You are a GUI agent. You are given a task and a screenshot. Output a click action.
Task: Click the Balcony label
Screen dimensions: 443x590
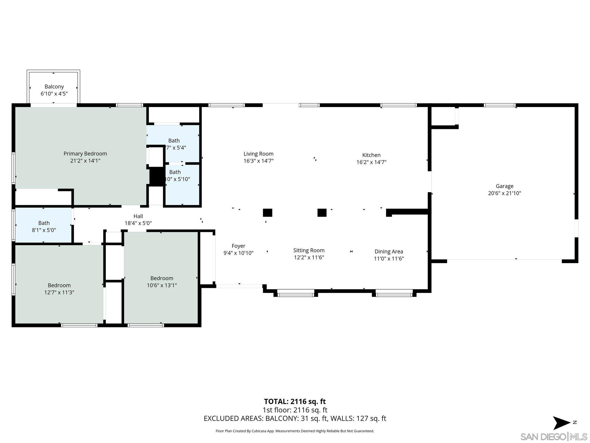(x=54, y=87)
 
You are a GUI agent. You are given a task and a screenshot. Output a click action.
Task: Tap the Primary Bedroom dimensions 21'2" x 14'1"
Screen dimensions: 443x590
(x=85, y=161)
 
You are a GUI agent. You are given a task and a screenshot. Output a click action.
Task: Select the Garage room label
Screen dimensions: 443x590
(x=504, y=186)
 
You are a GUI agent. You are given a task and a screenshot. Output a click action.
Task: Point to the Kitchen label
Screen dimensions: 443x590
(x=371, y=155)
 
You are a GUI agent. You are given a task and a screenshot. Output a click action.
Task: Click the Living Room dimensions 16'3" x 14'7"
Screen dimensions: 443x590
(x=258, y=161)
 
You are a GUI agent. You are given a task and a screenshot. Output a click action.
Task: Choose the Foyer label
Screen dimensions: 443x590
(x=239, y=246)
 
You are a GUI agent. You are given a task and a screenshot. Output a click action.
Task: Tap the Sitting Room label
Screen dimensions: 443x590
(x=309, y=250)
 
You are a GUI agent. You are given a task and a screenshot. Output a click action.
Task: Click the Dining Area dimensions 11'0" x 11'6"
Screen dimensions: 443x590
(x=389, y=259)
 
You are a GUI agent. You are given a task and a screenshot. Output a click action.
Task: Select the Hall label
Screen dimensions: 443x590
(x=138, y=216)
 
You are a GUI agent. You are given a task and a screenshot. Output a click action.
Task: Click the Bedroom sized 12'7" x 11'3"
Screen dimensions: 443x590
(x=59, y=289)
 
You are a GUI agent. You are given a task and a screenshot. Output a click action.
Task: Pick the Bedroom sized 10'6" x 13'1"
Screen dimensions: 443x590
(x=162, y=282)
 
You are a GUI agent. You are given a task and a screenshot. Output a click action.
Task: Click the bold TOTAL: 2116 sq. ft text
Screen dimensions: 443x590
(x=295, y=401)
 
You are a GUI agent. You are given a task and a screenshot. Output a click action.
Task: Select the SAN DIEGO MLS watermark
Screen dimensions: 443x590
(x=554, y=437)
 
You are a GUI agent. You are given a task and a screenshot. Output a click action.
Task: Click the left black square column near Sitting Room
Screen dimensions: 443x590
(x=267, y=213)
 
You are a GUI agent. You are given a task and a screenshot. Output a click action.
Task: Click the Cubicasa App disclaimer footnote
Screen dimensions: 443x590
(x=295, y=431)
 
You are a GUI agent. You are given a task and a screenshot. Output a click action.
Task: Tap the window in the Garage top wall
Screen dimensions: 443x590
(x=500, y=105)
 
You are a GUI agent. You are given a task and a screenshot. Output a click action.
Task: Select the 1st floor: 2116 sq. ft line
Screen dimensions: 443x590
(x=295, y=410)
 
